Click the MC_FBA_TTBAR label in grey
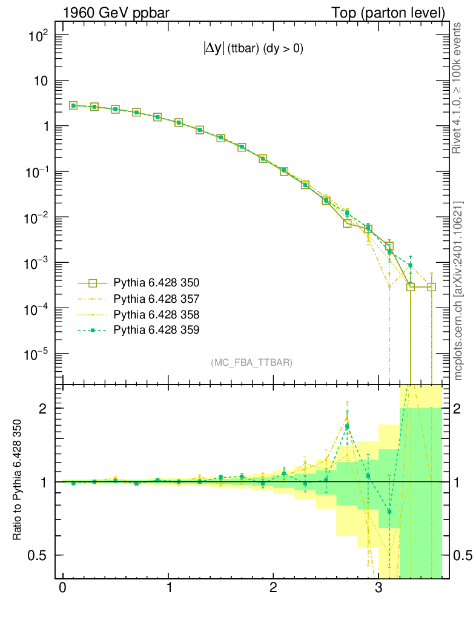pos(251,363)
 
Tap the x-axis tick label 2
pos(274,589)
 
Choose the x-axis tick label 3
pos(378,589)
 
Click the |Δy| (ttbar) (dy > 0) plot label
pos(253,50)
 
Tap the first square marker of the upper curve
pos(73,105)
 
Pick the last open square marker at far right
pos(432,287)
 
